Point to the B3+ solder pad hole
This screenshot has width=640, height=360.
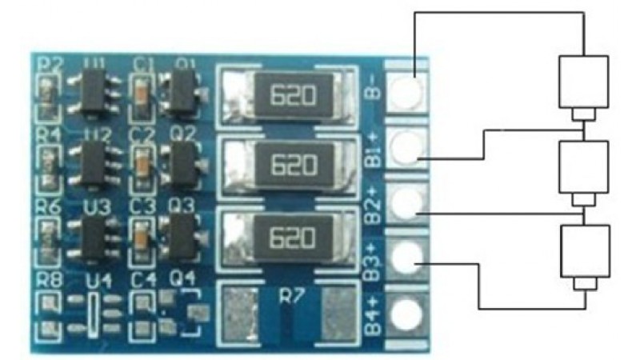pyautogui.click(x=407, y=258)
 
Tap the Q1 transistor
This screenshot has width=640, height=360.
pyautogui.click(x=182, y=93)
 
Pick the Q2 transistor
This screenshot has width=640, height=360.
pyautogui.click(x=182, y=164)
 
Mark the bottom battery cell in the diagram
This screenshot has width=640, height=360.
pyautogui.click(x=584, y=251)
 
